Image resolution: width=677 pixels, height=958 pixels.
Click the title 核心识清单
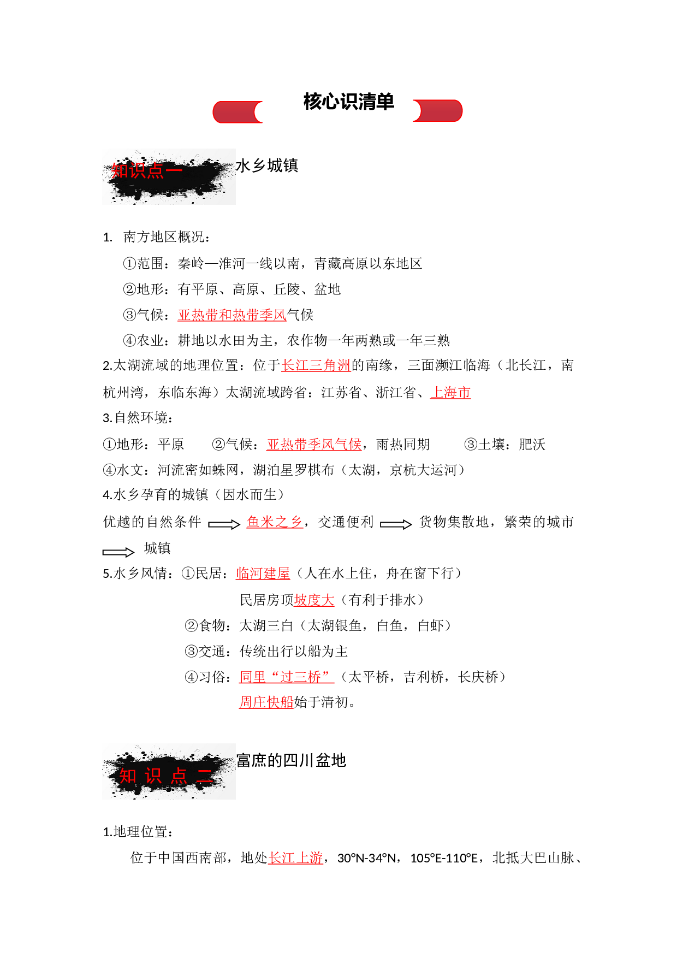click(x=348, y=102)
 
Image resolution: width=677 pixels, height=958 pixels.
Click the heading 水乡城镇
click(x=267, y=165)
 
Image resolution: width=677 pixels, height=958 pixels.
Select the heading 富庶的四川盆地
click(x=291, y=760)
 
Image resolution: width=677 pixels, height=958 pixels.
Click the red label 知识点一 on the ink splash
click(x=146, y=171)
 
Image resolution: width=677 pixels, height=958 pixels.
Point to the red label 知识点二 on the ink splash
click(x=166, y=776)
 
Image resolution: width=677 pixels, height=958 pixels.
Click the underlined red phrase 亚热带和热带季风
click(x=232, y=315)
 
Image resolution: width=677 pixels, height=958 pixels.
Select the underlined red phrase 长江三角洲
click(x=316, y=365)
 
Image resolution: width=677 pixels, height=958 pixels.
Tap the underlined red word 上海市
click(x=450, y=393)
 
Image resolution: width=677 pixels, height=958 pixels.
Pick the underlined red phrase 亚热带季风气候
click(x=314, y=445)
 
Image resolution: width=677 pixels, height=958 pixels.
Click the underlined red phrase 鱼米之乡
click(x=275, y=522)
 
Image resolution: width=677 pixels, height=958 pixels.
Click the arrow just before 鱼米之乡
click(x=224, y=524)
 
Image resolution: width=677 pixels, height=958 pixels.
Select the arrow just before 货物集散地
click(x=396, y=524)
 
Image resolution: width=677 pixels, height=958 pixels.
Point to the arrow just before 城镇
click(x=118, y=552)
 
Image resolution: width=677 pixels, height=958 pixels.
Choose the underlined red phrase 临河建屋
click(x=263, y=573)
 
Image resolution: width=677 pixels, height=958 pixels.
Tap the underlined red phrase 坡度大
click(x=314, y=600)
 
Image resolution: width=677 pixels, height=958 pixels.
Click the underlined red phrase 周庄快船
click(x=266, y=702)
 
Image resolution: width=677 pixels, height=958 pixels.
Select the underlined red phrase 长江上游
click(x=295, y=858)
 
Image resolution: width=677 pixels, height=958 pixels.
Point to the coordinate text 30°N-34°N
click(x=367, y=859)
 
